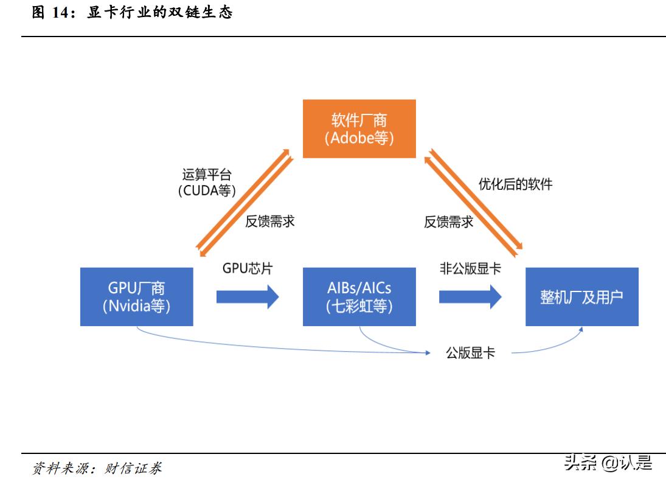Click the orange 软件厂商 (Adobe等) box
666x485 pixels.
pyautogui.click(x=359, y=129)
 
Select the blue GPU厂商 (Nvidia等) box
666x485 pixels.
pyautogui.click(x=136, y=296)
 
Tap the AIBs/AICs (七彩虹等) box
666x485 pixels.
pyautogui.click(x=359, y=296)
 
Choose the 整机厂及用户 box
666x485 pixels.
pyautogui.click(x=581, y=296)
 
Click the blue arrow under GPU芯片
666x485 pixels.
pyautogui.click(x=247, y=297)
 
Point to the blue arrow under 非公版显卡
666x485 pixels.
pyautogui.click(x=470, y=297)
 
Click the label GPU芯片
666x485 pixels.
pyautogui.click(x=247, y=268)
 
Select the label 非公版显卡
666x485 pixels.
pyautogui.click(x=470, y=268)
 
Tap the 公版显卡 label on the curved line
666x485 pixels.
pyautogui.click(x=470, y=352)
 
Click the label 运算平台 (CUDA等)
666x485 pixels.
pyautogui.click(x=207, y=182)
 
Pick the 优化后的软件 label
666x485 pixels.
pyautogui.click(x=515, y=184)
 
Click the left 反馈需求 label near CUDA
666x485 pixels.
pyautogui.click(x=270, y=221)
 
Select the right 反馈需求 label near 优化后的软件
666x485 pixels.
pyautogui.click(x=448, y=222)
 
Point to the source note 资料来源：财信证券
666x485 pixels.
pyautogui.click(x=97, y=468)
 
